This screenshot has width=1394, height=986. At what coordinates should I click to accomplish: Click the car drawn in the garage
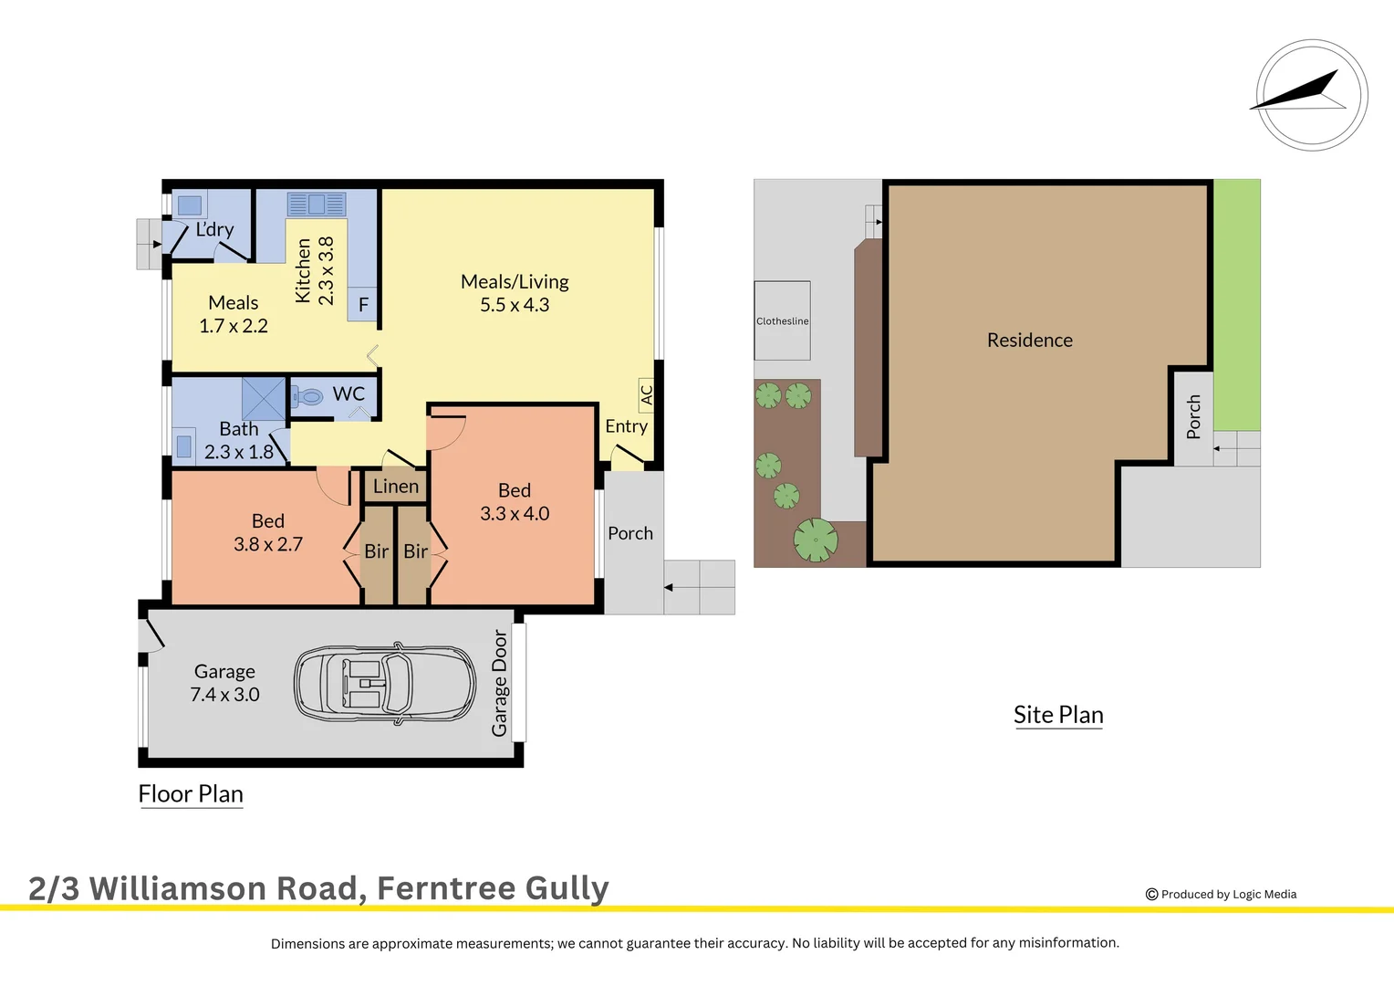[385, 684]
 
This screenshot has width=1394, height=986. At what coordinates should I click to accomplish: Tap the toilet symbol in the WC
[308, 396]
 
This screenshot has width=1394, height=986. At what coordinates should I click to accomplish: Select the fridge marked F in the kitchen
[363, 305]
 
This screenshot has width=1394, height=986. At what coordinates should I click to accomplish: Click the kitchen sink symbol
[317, 204]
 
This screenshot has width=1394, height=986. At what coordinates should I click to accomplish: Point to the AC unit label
[646, 394]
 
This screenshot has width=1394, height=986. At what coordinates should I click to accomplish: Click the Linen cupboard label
[395, 487]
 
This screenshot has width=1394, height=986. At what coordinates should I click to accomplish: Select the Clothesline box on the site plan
[782, 320]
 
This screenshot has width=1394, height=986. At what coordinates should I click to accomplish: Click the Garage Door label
[499, 683]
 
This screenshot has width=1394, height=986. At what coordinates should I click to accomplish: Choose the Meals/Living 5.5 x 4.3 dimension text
[515, 305]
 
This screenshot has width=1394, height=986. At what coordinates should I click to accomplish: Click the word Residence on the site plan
[1029, 340]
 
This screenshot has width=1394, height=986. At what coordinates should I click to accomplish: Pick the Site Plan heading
[1058, 715]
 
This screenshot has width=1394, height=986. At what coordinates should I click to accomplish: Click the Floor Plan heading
[191, 794]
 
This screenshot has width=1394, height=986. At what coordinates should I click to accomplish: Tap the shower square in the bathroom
[264, 398]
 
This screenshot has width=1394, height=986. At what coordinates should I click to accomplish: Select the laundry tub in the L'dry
[189, 205]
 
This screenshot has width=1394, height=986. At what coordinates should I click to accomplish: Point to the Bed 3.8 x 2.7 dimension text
[267, 544]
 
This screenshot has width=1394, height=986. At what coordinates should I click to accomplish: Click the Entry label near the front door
[626, 426]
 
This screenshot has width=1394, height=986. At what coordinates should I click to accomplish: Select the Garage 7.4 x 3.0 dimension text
[224, 695]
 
